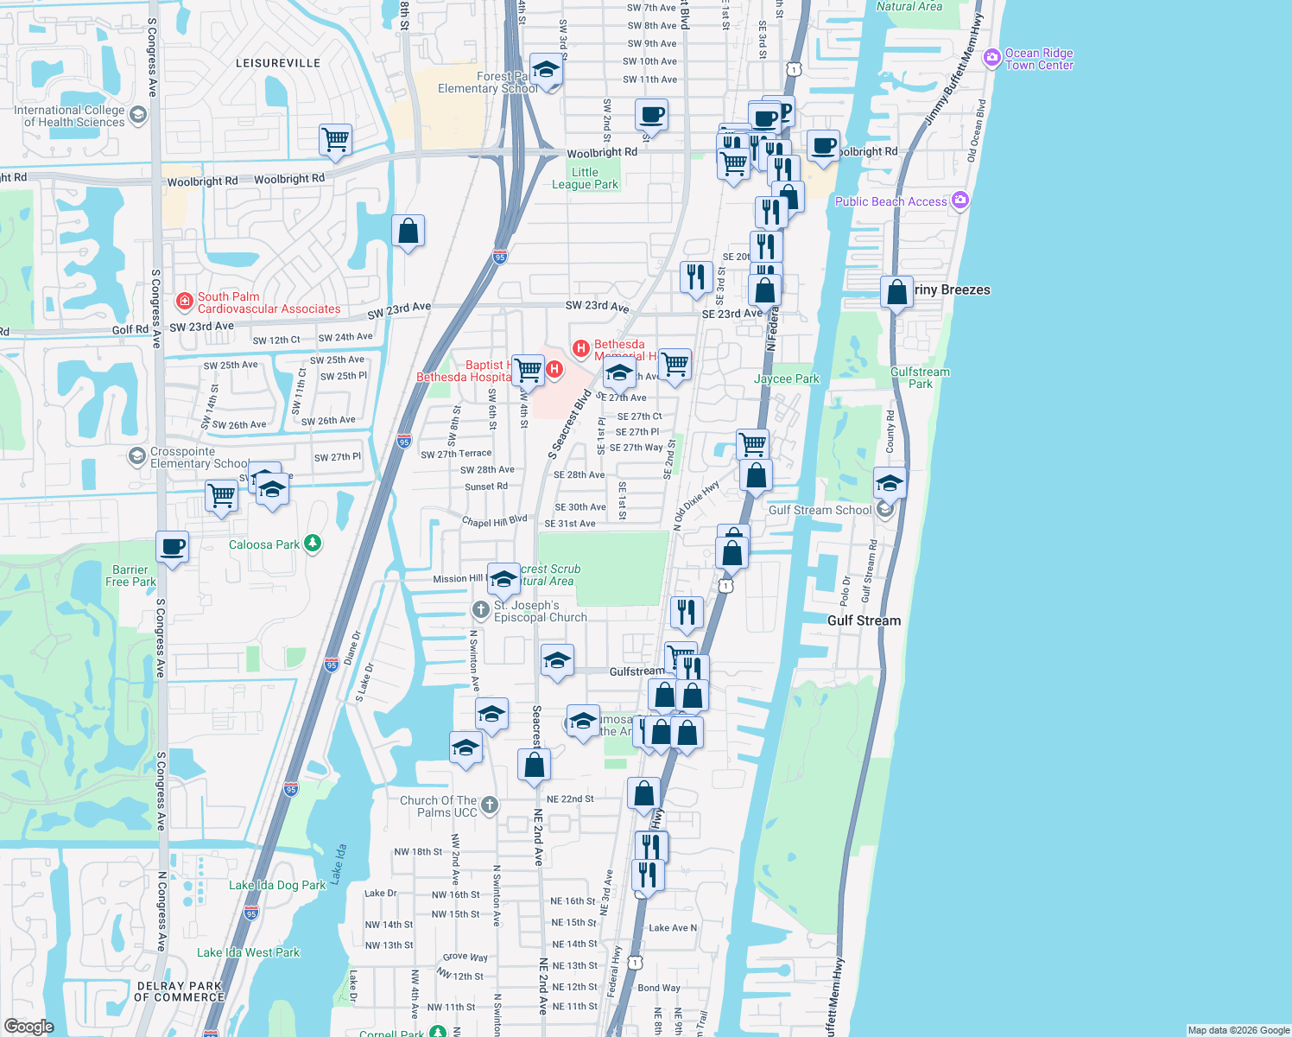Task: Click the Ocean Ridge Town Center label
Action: tap(1039, 59)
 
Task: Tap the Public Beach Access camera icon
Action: tap(960, 200)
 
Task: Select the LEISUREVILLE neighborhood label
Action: tap(278, 63)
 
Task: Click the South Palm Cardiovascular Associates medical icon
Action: tap(184, 302)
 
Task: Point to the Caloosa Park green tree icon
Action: tap(313, 544)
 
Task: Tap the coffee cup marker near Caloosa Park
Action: tap(173, 547)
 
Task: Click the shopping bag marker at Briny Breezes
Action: tap(897, 292)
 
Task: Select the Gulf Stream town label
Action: tap(864, 620)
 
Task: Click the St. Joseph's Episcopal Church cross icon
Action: tap(481, 610)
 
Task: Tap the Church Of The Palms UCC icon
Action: tap(490, 805)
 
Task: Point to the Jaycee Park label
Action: tap(786, 379)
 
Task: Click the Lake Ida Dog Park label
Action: tap(277, 885)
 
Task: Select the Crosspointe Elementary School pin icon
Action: tap(136, 456)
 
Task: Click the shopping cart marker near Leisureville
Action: tap(335, 139)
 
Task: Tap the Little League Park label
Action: tap(585, 178)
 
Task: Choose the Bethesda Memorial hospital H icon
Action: tap(581, 349)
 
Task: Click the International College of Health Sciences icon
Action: tap(137, 115)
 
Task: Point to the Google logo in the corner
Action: tap(28, 1026)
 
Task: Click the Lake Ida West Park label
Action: tap(248, 952)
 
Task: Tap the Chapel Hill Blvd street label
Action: tap(494, 522)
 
